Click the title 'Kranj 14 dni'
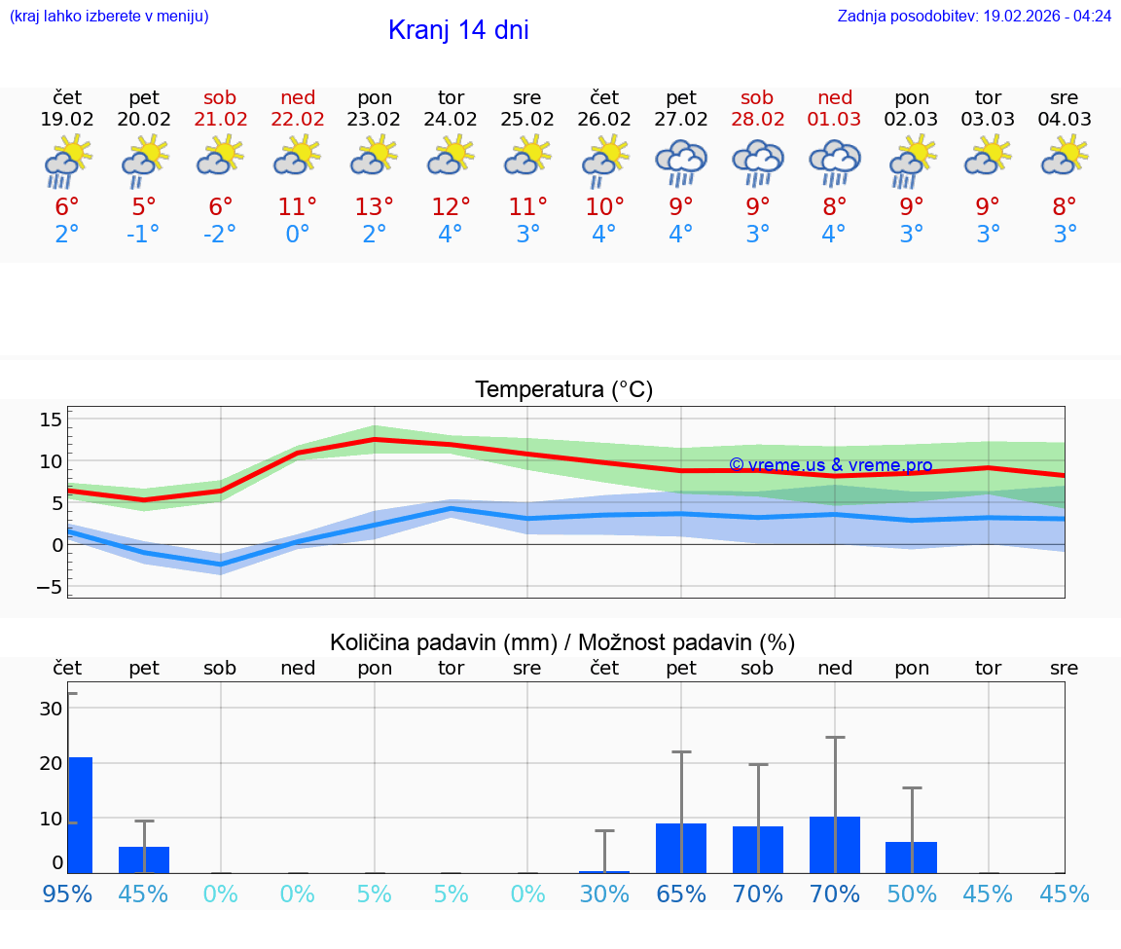click(x=458, y=30)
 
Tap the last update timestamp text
click(x=974, y=17)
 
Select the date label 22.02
click(x=298, y=120)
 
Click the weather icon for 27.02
click(x=681, y=163)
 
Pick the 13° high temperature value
click(x=375, y=206)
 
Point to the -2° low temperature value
click(x=221, y=234)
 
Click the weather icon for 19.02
click(x=67, y=163)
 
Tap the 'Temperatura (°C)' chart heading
click(x=563, y=390)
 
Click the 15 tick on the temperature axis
click(x=51, y=420)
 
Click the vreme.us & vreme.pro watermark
click(x=830, y=465)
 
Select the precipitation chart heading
click(x=562, y=642)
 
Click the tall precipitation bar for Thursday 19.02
click(x=80, y=815)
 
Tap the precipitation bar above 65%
click(x=681, y=848)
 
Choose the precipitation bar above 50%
click(x=911, y=858)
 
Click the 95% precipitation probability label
click(x=67, y=894)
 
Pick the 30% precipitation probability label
click(x=604, y=894)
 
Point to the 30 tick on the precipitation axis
click(x=51, y=709)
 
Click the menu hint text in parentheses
click(x=109, y=17)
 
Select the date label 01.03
click(x=834, y=120)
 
